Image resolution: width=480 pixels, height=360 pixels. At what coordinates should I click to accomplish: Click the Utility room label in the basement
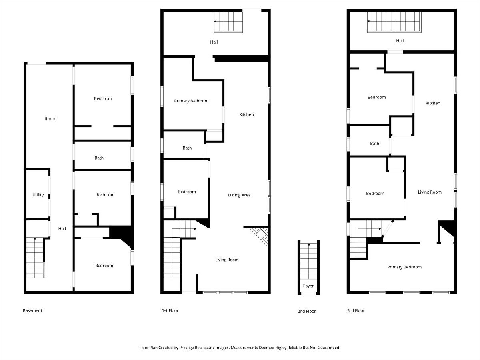point(38,195)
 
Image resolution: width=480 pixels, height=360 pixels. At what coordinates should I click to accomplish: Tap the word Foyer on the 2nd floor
point(308,286)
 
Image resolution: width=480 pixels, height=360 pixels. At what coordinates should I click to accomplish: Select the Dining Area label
point(239,195)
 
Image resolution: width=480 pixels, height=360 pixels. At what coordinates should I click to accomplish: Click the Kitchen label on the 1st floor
point(246,114)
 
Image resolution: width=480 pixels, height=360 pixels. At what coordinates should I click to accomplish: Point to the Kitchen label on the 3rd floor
point(433,103)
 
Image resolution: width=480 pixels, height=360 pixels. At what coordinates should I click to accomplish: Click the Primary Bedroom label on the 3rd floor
point(404,267)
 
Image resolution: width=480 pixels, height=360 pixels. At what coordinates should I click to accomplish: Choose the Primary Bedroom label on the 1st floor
point(191,101)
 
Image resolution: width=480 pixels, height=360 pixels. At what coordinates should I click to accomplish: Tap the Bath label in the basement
point(99,158)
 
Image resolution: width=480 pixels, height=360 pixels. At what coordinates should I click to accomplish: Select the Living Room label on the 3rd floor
point(430,192)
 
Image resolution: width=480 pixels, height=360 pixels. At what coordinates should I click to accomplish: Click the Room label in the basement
point(50,119)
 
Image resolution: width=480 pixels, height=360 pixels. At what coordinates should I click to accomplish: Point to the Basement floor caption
point(32,310)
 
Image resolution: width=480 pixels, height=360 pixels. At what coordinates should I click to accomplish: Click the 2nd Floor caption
point(307,311)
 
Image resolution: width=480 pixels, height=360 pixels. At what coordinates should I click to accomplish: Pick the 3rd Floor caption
point(356,310)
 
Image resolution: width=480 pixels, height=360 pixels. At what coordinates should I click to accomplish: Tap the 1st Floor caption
point(170,310)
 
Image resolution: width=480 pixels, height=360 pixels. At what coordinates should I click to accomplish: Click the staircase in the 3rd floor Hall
point(394,22)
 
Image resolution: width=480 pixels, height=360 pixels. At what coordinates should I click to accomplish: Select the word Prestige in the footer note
point(188,348)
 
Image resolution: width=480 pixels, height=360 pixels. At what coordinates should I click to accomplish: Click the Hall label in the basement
point(62,229)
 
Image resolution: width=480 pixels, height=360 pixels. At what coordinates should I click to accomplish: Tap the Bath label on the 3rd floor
point(374,143)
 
